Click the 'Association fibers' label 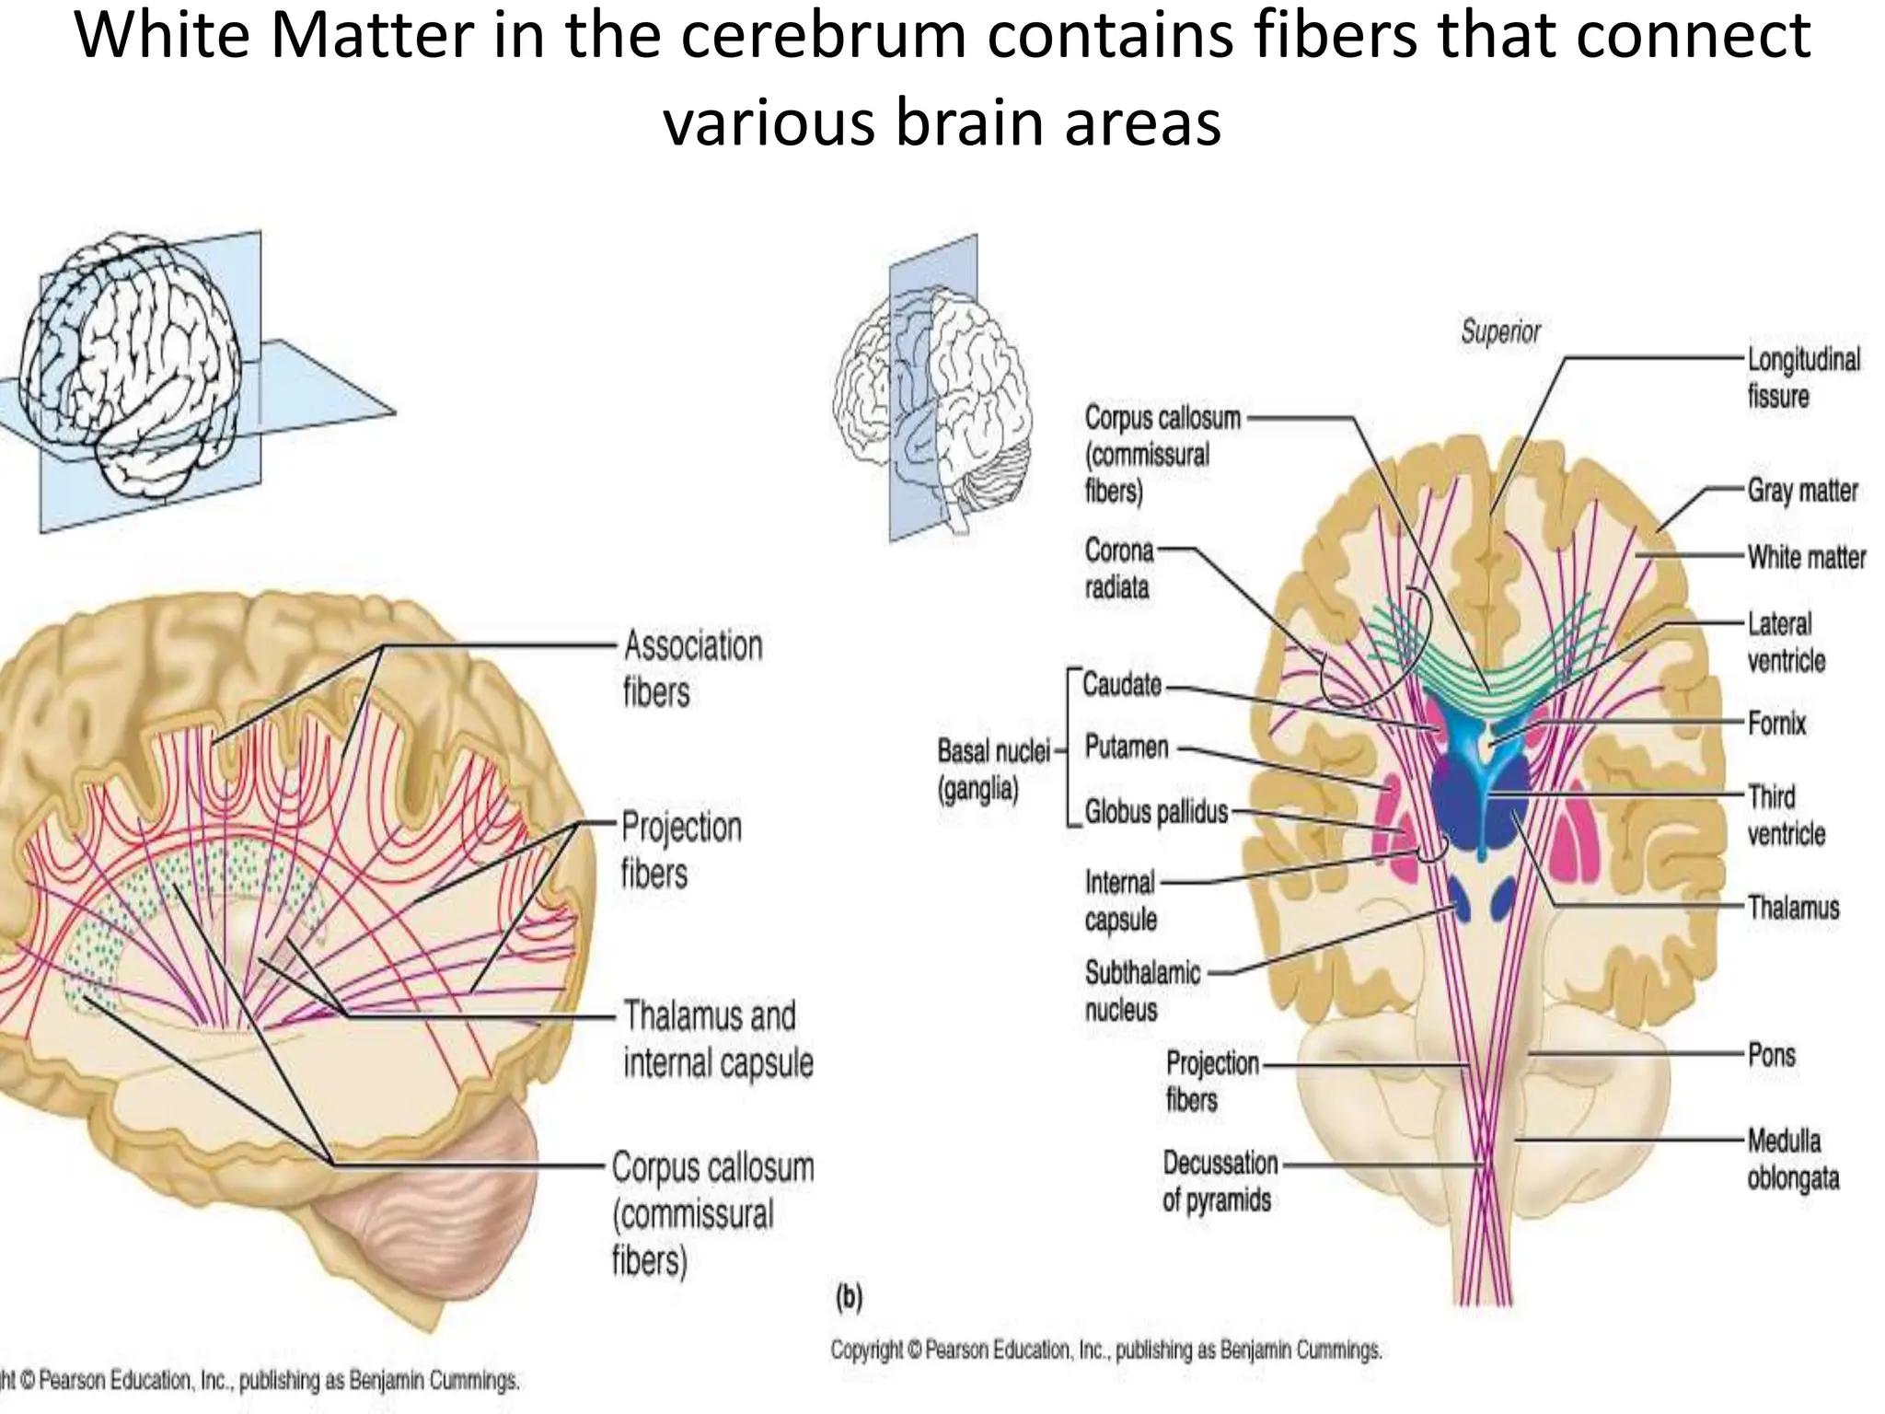coord(693,668)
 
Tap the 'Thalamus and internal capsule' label coord(718,1039)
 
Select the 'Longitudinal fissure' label coord(1803,377)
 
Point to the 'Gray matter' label coord(1802,491)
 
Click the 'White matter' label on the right coord(1806,557)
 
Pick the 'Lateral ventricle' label coord(1786,642)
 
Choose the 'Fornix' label coord(1776,724)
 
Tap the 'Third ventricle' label coord(1786,815)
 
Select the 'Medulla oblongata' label coord(1792,1159)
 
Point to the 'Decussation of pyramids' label coord(1219,1181)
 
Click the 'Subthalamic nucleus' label coord(1141,991)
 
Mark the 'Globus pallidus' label coord(1156,812)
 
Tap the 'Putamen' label coord(1126,747)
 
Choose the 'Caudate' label coord(1121,685)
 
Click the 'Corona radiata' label coord(1118,569)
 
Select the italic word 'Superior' coord(1500,331)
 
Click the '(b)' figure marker coord(849,1298)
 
